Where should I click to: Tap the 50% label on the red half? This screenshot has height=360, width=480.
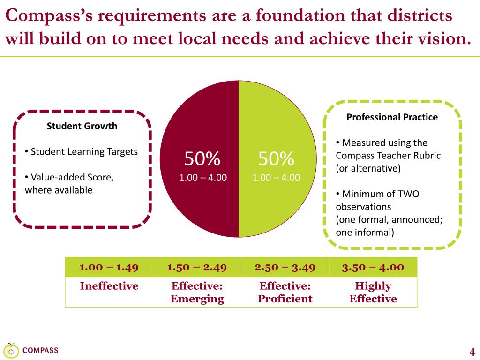[202, 158]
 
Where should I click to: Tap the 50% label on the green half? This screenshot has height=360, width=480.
[276, 158]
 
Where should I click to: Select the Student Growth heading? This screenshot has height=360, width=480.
[82, 126]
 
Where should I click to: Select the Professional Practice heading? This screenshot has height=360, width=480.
[392, 117]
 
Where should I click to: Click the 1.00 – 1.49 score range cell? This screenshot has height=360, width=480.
[109, 267]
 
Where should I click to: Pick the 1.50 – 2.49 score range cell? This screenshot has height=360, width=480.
[197, 267]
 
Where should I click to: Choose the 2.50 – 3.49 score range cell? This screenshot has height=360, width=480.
[285, 267]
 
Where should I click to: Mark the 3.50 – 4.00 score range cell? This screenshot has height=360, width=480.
[373, 267]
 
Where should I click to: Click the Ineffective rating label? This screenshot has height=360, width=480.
[109, 286]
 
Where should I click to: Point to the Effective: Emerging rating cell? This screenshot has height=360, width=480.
[197, 292]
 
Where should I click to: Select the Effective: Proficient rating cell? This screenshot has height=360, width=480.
[285, 292]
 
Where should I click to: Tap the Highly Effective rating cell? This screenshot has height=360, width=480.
[373, 292]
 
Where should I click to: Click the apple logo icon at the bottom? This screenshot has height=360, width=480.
[11, 351]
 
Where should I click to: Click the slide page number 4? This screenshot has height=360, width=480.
[472, 351]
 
